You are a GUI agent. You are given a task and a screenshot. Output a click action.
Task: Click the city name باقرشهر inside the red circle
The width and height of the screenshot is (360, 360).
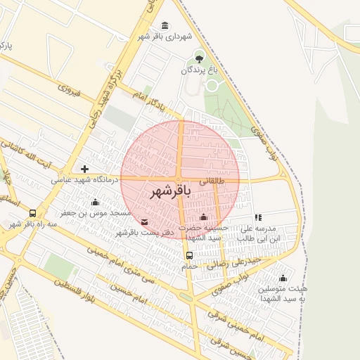(x=172, y=192)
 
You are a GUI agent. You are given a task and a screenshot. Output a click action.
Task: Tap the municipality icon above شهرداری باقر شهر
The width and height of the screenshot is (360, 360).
(x=165, y=26)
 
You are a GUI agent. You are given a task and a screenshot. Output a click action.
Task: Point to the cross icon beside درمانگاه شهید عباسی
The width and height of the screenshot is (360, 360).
(x=84, y=169)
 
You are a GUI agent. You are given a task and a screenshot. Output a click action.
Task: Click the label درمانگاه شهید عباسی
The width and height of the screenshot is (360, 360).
(x=83, y=180)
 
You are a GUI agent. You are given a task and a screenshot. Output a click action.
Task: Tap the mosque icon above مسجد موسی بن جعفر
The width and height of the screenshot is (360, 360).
(x=95, y=202)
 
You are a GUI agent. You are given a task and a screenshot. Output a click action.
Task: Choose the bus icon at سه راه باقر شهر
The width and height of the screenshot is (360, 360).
(x=32, y=213)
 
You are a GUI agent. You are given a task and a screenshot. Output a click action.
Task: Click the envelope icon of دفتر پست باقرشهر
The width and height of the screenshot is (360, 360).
(x=144, y=223)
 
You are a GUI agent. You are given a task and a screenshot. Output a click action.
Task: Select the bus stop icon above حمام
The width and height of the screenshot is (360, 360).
(x=189, y=255)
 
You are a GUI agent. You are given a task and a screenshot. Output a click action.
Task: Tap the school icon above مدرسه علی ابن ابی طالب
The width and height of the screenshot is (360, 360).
(x=258, y=218)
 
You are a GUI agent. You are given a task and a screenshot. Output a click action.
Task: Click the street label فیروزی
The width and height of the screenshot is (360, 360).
(x=70, y=89)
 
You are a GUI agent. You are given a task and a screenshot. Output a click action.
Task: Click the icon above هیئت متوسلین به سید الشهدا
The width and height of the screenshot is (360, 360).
(x=283, y=278)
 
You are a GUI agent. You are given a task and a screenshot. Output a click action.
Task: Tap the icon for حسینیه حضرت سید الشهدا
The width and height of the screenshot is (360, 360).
(x=204, y=217)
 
